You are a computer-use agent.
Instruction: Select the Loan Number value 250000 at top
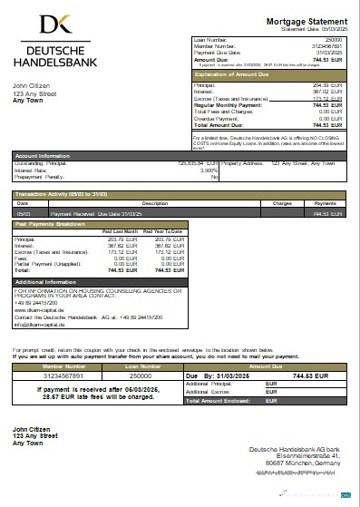[334, 41]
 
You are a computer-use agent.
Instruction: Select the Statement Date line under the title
[315, 29]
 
